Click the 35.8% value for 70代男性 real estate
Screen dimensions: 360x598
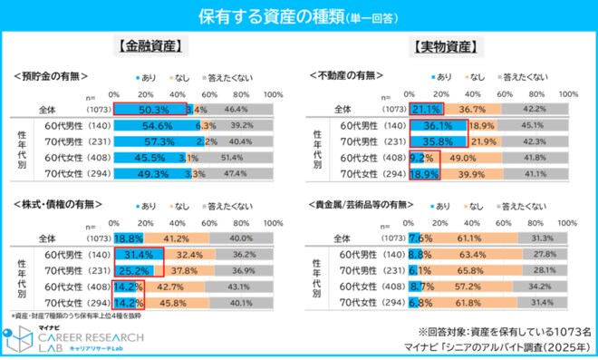pyautogui.click(x=439, y=141)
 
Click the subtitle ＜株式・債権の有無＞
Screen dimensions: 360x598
pyautogui.click(x=59, y=205)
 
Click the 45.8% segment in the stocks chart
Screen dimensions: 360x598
pyautogui.click(x=174, y=302)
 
